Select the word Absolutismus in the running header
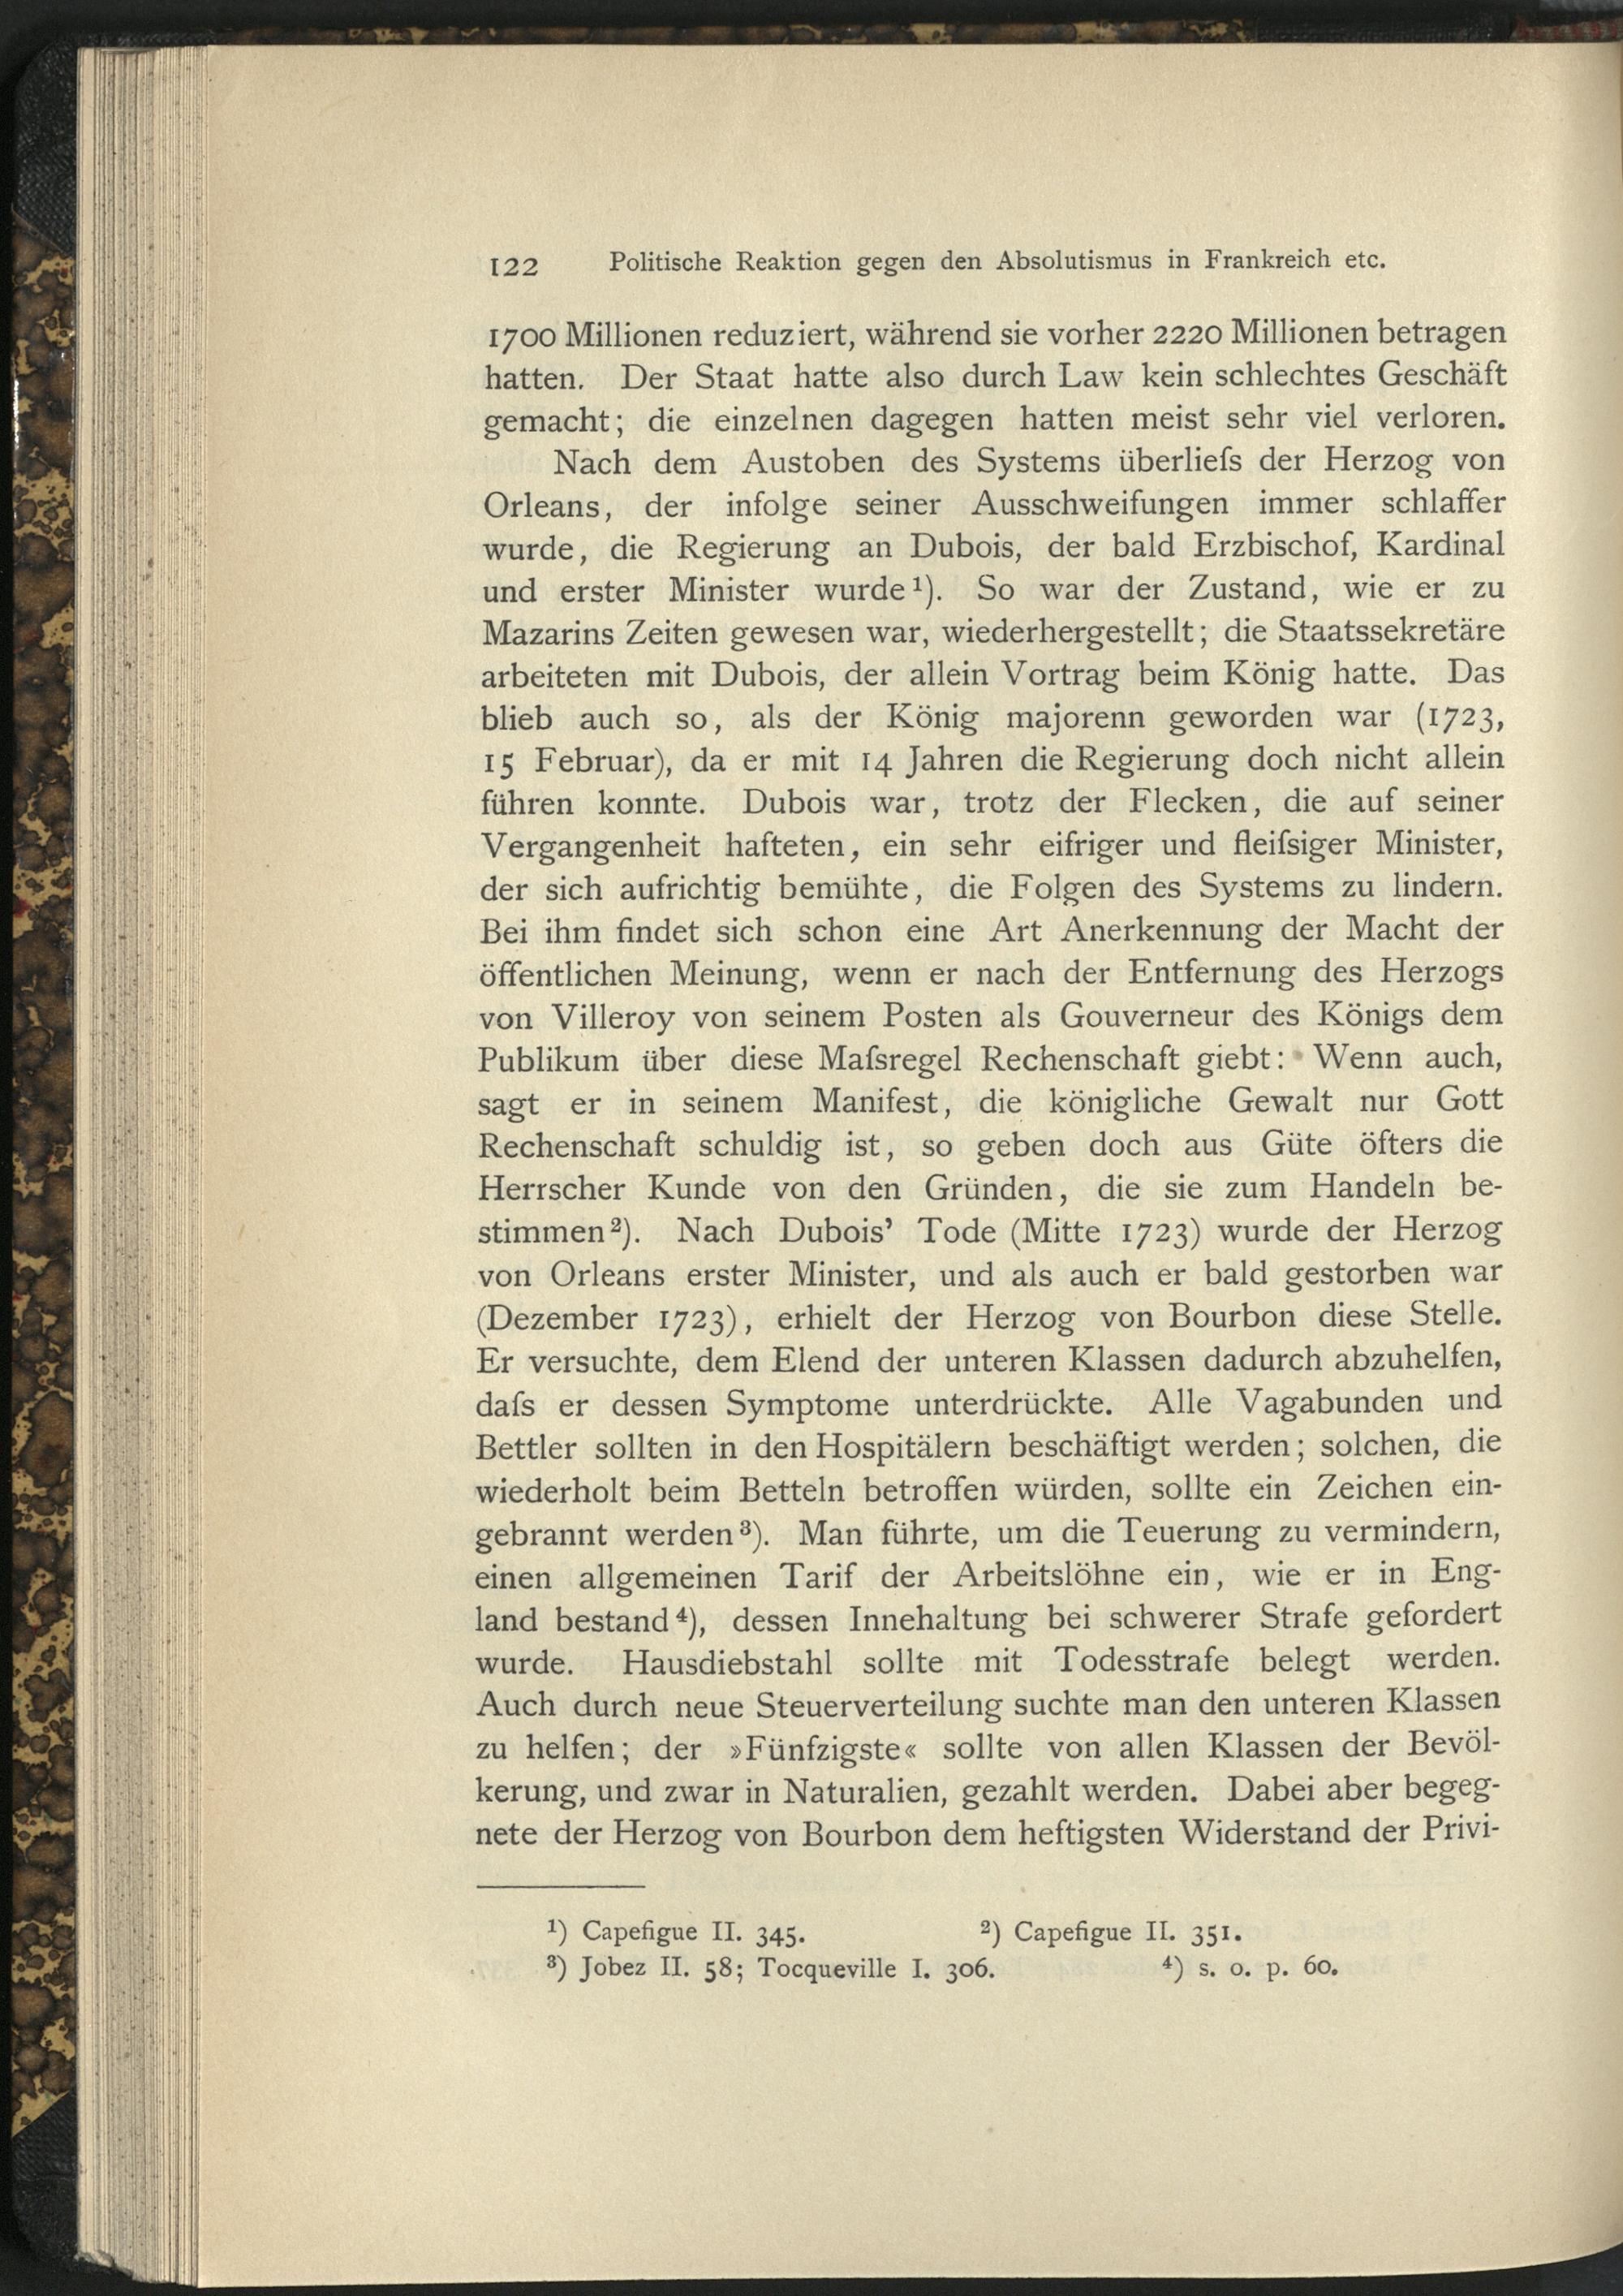pos(1073,261)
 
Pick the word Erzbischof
pos(1265,546)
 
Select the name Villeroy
pos(612,1016)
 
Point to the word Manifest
pos(874,1102)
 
